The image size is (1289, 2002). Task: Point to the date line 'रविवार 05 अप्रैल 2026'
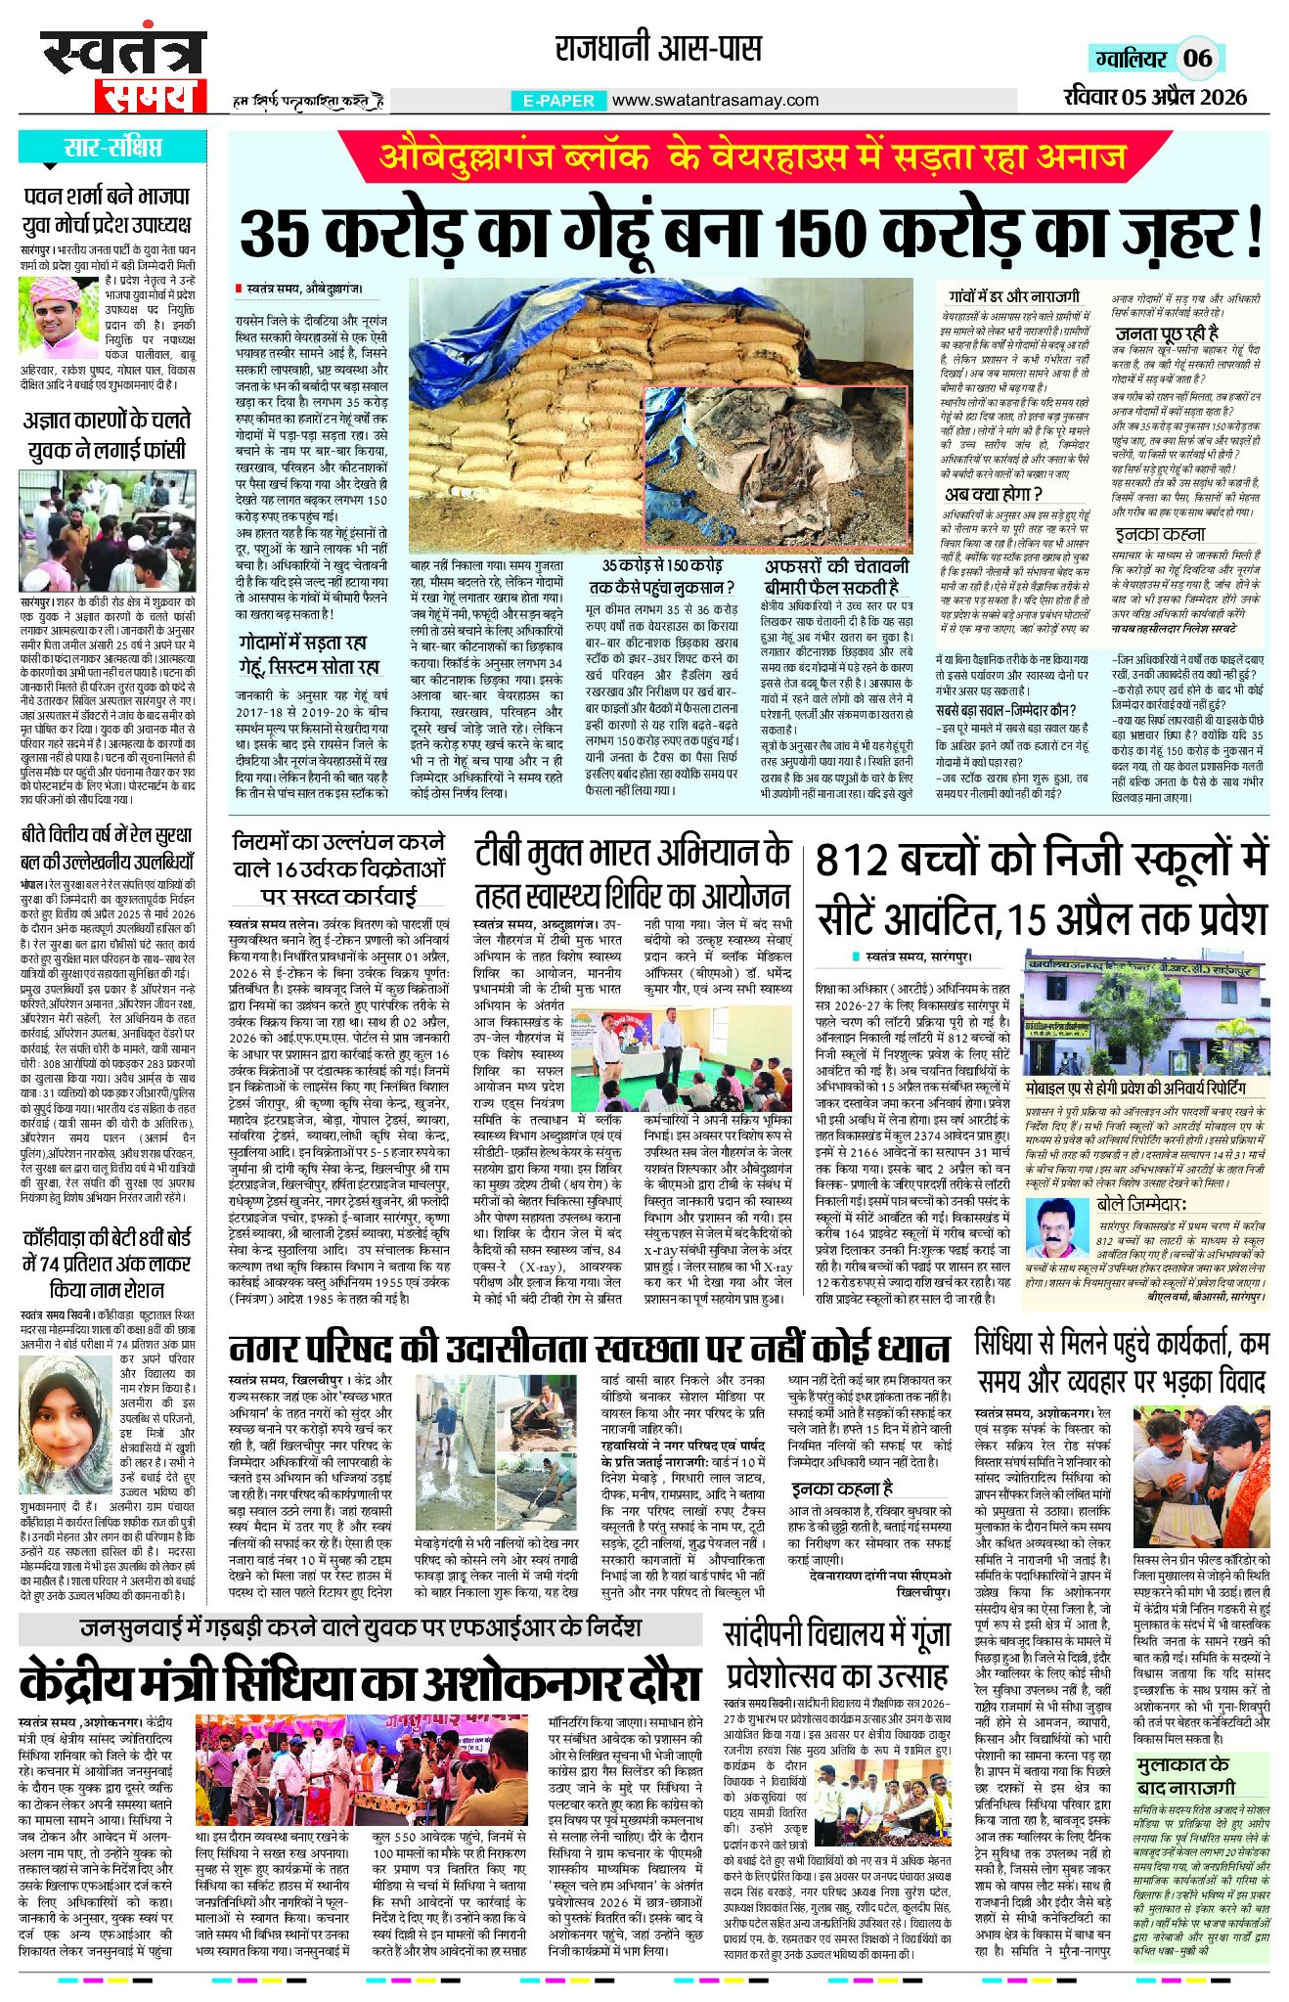coord(1155,96)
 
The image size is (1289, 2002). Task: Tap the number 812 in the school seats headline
coord(860,861)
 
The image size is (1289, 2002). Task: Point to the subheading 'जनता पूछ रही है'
coord(1167,333)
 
